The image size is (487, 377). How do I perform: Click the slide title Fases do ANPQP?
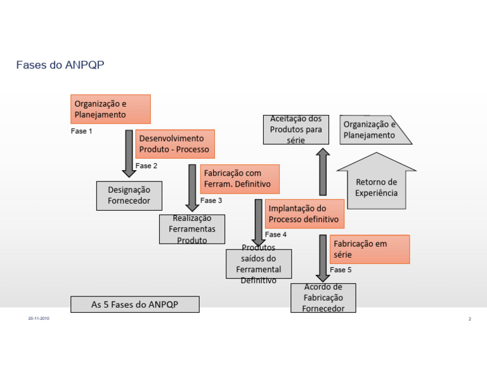click(60, 65)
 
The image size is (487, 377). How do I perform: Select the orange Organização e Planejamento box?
click(110, 109)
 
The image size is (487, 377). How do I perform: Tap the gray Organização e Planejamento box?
click(374, 130)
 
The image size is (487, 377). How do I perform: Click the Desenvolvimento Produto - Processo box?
click(174, 144)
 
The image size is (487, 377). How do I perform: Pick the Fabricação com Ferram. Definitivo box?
click(240, 179)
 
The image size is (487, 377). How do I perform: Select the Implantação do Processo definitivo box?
click(304, 214)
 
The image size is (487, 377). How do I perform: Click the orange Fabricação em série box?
click(370, 249)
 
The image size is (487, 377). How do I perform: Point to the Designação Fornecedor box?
click(129, 195)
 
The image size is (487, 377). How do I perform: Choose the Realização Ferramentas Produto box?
click(192, 229)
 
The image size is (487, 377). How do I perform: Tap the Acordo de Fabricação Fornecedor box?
click(323, 298)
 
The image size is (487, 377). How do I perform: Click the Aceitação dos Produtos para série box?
click(295, 129)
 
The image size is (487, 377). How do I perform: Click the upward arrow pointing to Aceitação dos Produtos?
click(323, 171)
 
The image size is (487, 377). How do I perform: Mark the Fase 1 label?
click(81, 131)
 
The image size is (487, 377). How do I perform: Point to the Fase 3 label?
click(211, 201)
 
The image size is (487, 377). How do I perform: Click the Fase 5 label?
click(341, 270)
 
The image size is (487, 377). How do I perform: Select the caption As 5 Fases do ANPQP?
click(134, 305)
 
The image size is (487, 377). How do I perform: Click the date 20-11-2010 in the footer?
click(39, 318)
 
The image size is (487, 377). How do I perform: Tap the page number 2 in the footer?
click(469, 319)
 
